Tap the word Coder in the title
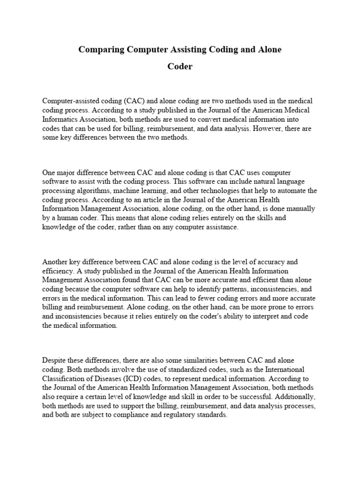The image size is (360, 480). click(x=180, y=67)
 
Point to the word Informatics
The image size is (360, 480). click(x=60, y=119)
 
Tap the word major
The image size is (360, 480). click(x=67, y=173)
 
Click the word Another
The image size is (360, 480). click(x=55, y=262)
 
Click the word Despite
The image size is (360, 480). click(x=54, y=360)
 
